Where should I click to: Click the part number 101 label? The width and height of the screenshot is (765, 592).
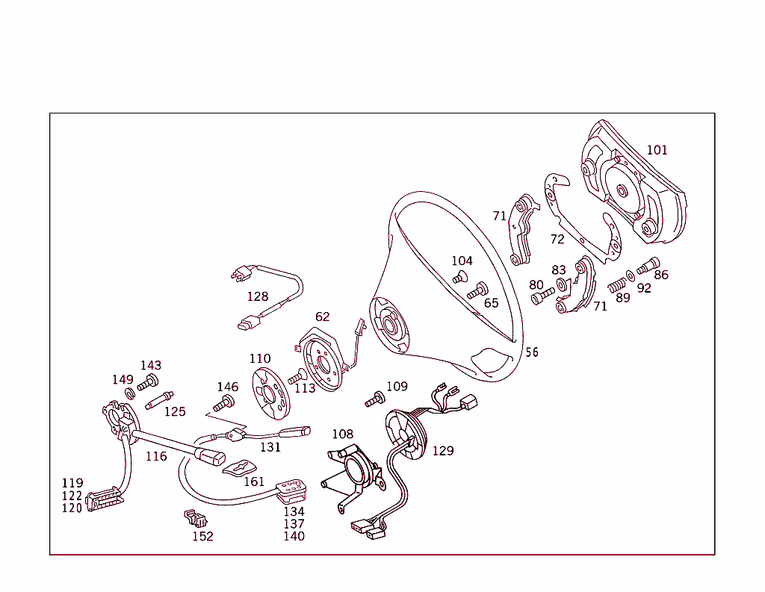[x=657, y=150]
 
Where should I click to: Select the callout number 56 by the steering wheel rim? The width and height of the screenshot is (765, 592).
[x=531, y=352]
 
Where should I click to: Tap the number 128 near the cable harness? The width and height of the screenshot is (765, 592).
[x=258, y=296]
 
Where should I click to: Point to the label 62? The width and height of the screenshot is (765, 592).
[x=322, y=317]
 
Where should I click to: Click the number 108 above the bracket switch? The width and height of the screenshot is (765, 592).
[x=343, y=434]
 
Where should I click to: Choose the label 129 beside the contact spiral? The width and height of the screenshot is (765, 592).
[x=442, y=451]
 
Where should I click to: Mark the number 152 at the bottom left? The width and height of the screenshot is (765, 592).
[x=202, y=536]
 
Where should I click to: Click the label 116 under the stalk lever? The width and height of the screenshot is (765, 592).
[x=156, y=456]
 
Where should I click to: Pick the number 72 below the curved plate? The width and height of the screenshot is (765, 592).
[x=557, y=239]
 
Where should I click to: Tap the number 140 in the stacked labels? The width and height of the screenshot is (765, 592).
[x=294, y=536]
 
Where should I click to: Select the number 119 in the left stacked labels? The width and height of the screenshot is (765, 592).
[x=72, y=483]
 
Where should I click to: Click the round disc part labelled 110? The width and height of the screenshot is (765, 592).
[x=270, y=393]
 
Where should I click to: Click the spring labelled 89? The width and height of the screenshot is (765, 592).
[x=617, y=284]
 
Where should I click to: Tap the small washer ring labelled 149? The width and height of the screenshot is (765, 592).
[x=128, y=393]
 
